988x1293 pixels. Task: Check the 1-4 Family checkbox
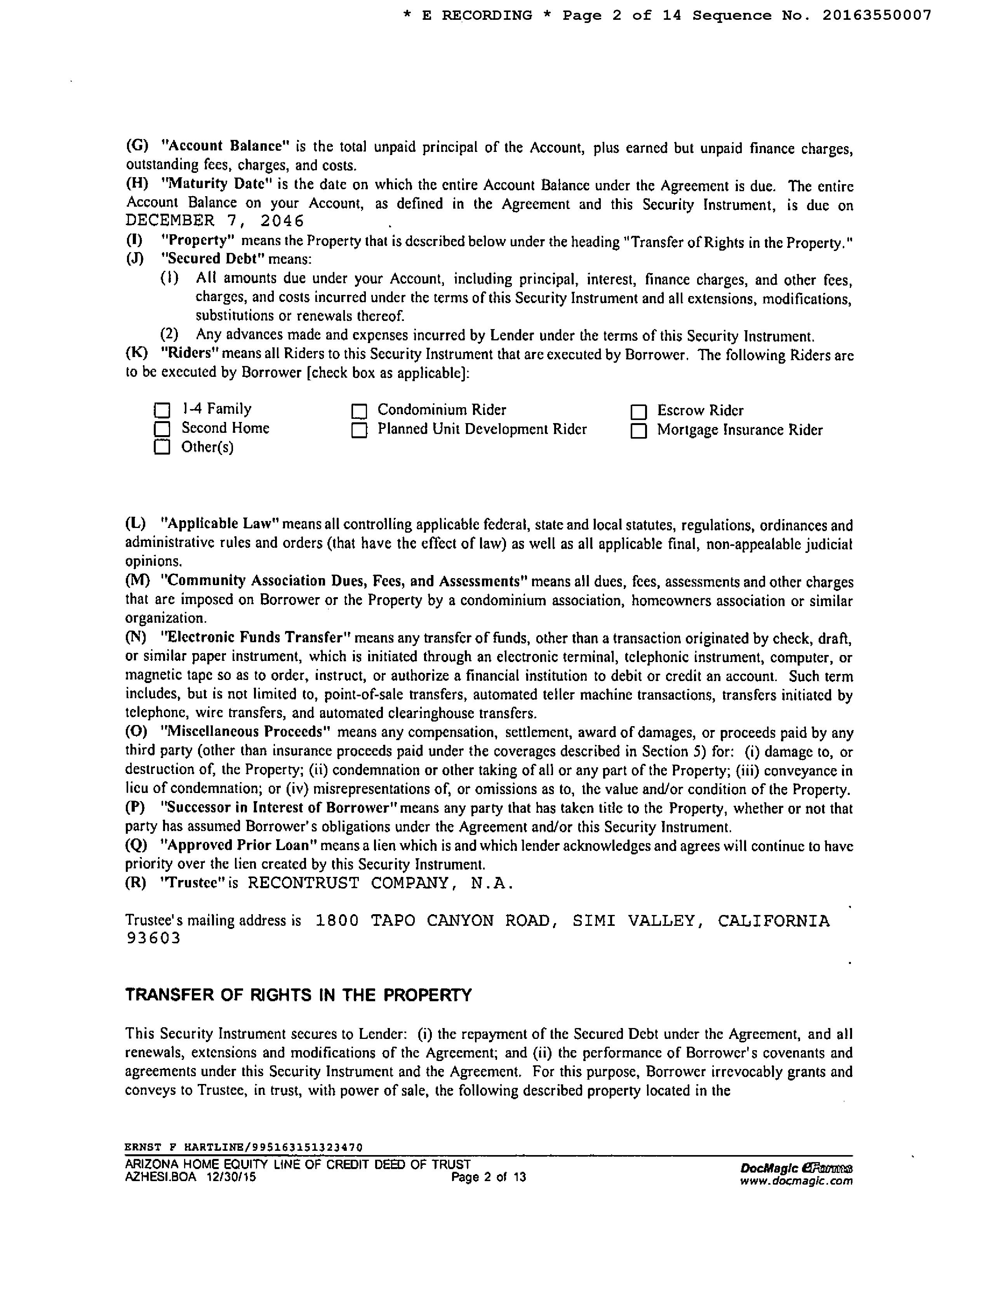coord(162,410)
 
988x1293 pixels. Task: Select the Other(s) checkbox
coord(162,447)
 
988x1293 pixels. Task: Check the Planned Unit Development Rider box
coord(359,430)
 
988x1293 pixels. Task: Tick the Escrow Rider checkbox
coord(639,411)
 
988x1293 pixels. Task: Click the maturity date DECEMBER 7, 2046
coord(215,221)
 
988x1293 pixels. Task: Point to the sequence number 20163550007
coord(876,15)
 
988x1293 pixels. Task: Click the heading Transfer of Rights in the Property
coord(298,995)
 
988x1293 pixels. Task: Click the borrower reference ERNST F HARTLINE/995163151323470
coord(244,1147)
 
